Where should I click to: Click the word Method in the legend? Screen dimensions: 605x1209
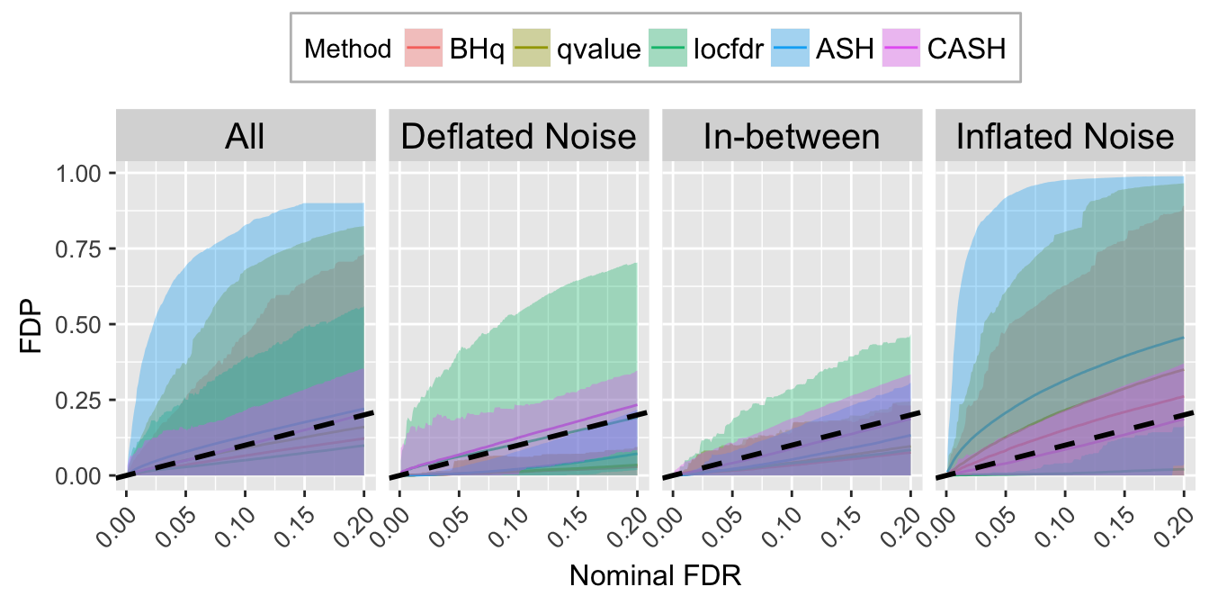pos(348,49)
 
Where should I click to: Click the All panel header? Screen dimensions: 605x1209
pos(245,137)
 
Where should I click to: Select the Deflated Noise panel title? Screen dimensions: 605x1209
pos(518,137)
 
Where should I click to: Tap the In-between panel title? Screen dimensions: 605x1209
pos(791,137)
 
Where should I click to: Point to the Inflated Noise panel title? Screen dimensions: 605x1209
pos(1064,137)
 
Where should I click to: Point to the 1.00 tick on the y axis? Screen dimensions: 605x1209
pos(86,173)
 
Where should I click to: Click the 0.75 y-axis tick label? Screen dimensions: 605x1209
pos(86,248)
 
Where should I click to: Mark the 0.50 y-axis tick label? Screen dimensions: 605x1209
pos(86,324)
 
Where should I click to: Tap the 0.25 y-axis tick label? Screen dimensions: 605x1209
pos(86,400)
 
